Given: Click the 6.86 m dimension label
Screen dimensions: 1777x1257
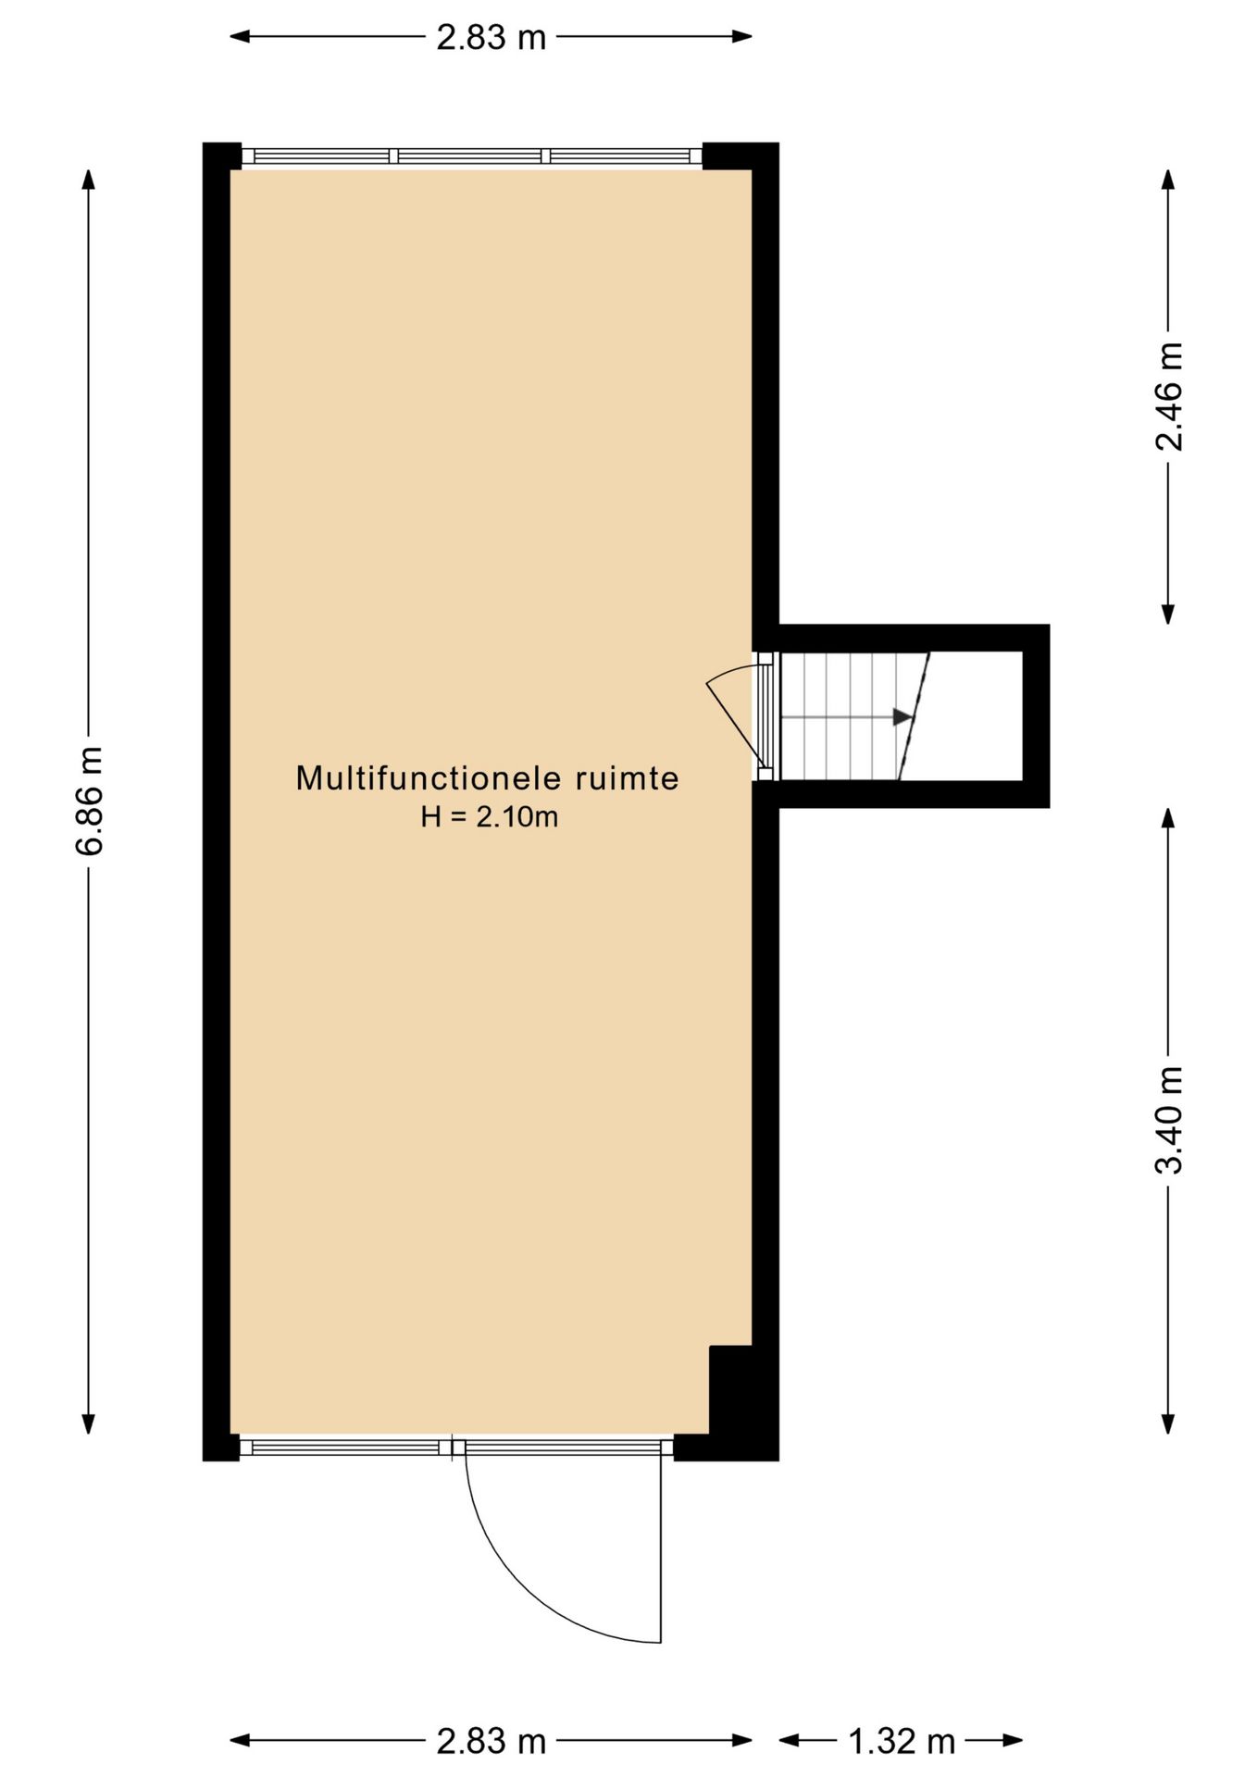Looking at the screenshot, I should [89, 802].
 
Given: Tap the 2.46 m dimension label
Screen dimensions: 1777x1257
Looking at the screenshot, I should [1169, 396].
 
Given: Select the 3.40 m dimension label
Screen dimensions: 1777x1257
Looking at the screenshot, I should [1169, 1120].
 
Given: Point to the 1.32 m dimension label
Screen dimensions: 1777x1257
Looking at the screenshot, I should [902, 1742].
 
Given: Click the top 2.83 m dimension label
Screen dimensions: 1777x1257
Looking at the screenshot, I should [492, 37].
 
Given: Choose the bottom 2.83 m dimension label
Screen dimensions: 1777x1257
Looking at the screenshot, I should [492, 1742].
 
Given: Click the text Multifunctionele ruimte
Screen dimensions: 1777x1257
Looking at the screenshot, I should [487, 778].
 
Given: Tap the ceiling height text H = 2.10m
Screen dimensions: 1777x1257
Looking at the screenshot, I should [489, 817].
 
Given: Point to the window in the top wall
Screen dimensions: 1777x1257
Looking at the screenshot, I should [472, 156].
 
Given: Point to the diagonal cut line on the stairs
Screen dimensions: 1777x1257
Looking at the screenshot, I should [915, 715].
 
